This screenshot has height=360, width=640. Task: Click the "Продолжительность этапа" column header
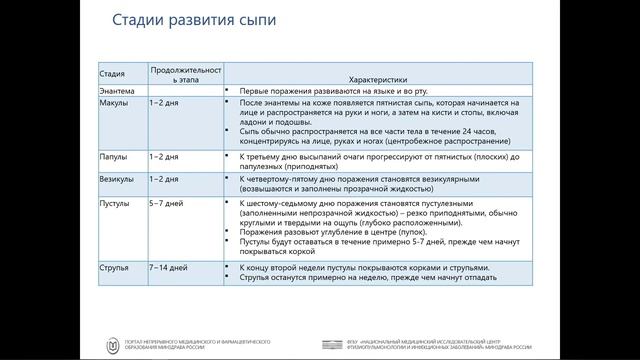tap(185, 73)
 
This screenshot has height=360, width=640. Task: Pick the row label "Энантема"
tap(117, 91)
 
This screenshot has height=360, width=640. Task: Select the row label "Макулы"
tap(113, 103)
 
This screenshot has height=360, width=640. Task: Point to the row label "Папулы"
tap(113, 156)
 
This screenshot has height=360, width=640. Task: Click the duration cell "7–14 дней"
tap(167, 268)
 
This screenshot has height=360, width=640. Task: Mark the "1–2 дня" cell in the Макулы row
tap(162, 103)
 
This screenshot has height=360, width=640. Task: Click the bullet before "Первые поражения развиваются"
tap(228, 91)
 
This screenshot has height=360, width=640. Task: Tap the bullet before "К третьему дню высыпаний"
tap(228, 156)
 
